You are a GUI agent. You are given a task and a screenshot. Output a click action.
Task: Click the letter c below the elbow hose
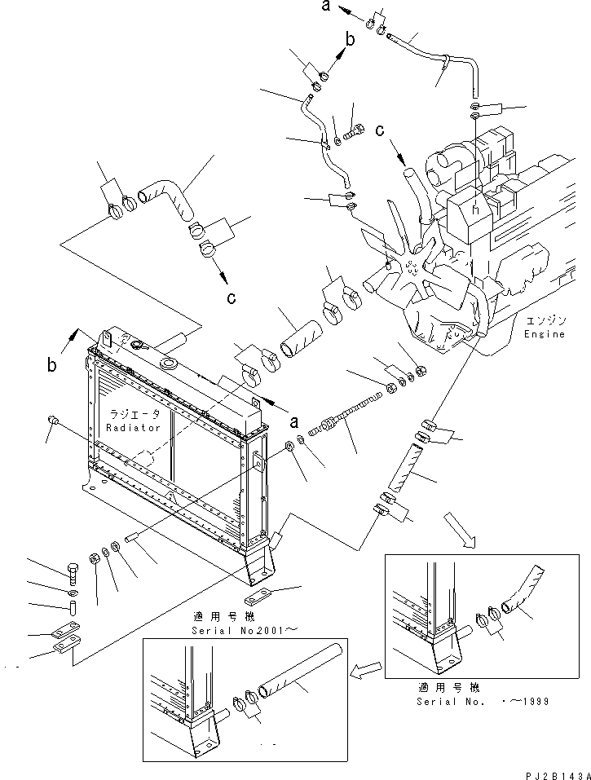click(x=232, y=298)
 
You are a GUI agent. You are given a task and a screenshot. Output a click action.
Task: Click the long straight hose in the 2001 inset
click(x=298, y=670)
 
